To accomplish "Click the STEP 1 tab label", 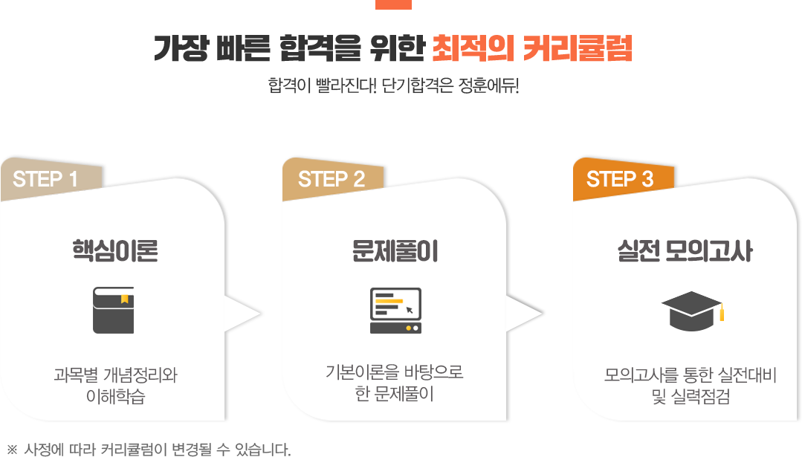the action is point(45,179).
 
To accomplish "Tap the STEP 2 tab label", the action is point(332,179).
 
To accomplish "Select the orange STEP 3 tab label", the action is point(620,179).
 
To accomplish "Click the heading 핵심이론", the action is point(115,250).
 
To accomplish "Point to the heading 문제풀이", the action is point(395,250).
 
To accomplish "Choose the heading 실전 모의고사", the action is point(685,250).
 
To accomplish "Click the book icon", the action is point(114,311).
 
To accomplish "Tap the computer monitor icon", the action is point(396,311).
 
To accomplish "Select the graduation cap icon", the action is point(692,311).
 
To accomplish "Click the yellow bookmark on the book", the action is point(124,299).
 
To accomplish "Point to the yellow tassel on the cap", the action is point(722,312).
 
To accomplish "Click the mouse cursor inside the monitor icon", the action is point(410,310).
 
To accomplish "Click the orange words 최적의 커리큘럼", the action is point(532,48).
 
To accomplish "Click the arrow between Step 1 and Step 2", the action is point(243,314).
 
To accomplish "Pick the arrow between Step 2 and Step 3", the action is point(525,314).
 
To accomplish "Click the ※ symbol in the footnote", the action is point(13,450).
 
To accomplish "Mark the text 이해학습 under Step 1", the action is point(116,396).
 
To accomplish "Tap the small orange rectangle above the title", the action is point(393,4).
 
